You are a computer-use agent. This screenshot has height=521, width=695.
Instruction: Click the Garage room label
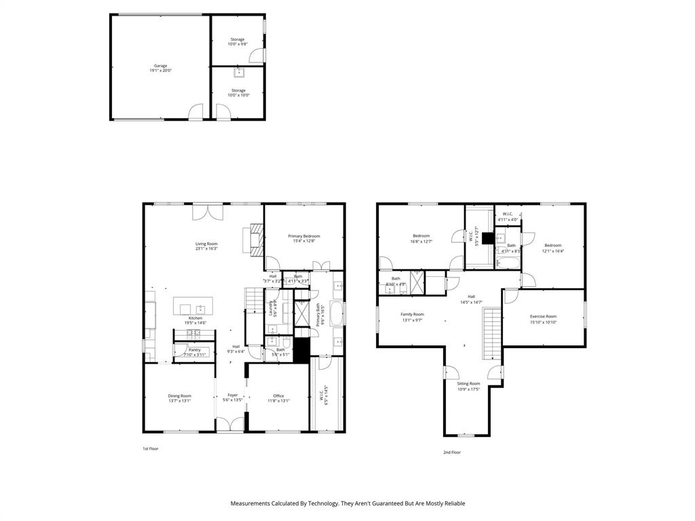[160, 68]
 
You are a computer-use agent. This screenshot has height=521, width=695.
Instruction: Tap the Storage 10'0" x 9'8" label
[238, 41]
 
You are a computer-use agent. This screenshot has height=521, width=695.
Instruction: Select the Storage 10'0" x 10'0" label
[238, 92]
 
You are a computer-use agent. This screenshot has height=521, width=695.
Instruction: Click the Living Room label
[206, 246]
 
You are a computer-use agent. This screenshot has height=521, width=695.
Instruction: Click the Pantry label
[194, 352]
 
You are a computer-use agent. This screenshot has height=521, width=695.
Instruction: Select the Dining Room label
[180, 398]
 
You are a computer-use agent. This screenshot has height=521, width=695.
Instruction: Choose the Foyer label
[232, 398]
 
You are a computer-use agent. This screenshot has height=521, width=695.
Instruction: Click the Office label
[278, 398]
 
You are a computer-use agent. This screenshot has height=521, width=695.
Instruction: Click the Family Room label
[412, 317]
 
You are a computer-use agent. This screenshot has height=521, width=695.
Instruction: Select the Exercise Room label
[543, 319]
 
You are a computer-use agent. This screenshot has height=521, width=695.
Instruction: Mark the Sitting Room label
[469, 386]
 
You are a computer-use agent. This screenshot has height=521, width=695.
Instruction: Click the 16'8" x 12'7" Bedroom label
[421, 238]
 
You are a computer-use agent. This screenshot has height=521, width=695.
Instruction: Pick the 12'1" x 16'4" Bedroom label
[552, 248]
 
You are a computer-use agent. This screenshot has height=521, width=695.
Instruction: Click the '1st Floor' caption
[150, 448]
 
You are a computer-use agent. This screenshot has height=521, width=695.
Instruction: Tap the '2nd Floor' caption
[451, 452]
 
